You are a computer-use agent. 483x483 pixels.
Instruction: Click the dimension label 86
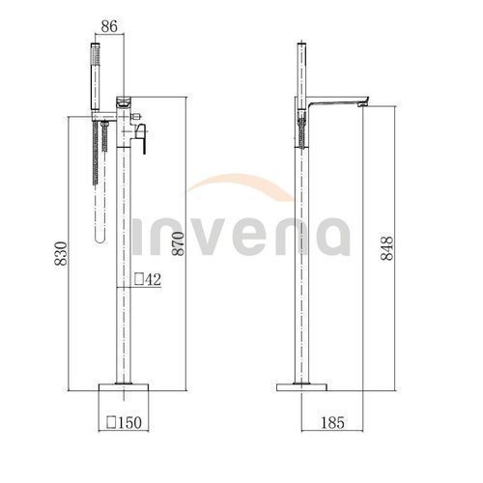[x=109, y=26]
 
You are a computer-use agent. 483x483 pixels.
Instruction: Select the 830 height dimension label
[x=61, y=253]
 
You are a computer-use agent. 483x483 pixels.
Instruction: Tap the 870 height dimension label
[x=178, y=243]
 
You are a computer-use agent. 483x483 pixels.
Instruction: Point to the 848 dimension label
[x=387, y=248]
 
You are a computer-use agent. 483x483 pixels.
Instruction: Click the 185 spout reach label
[x=332, y=422]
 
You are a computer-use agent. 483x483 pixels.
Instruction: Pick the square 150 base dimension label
[x=124, y=422]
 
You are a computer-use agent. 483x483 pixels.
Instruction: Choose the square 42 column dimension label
[x=148, y=279]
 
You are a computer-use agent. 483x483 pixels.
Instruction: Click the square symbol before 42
[x=139, y=279]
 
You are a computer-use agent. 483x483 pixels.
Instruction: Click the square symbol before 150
[x=111, y=422]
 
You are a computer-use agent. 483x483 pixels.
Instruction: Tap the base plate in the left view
[x=124, y=387]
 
